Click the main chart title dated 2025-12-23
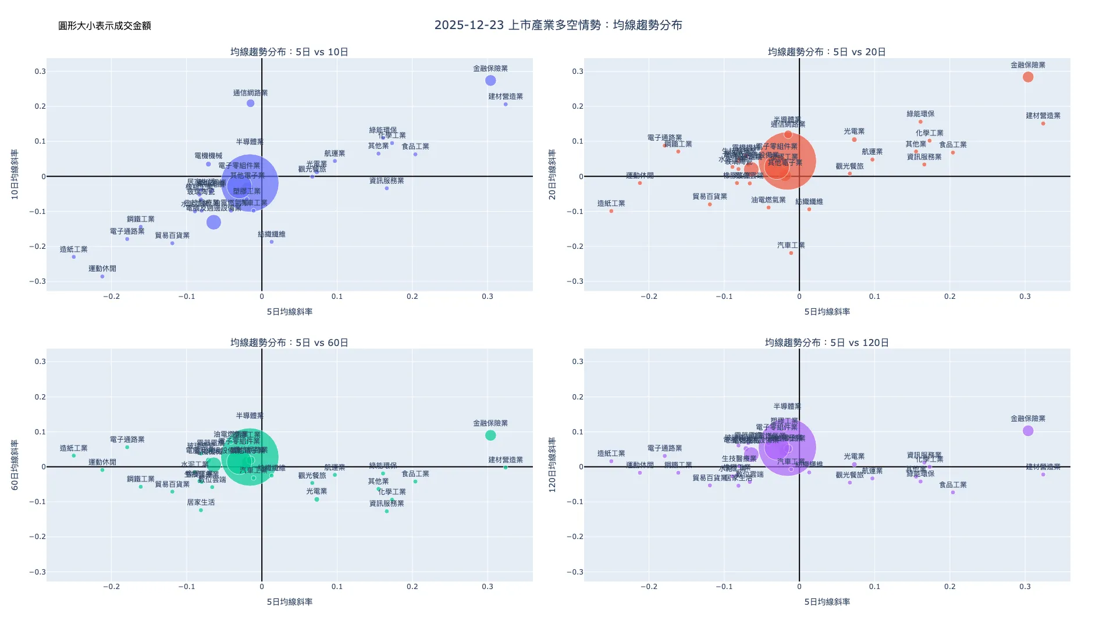click(x=558, y=25)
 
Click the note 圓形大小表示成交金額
click(x=105, y=26)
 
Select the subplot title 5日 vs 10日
click(x=289, y=52)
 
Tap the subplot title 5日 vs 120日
click(x=827, y=342)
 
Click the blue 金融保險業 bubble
click(x=490, y=81)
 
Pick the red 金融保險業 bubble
click(x=1028, y=77)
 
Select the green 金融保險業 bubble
click(x=490, y=436)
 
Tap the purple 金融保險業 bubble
click(x=1028, y=431)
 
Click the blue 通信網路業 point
click(x=250, y=104)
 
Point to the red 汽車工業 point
click(x=791, y=253)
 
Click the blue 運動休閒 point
click(x=102, y=277)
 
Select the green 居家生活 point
click(x=201, y=511)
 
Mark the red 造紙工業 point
click(x=611, y=211)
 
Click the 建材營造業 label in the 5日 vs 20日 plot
click(x=1043, y=116)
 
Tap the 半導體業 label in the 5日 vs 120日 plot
click(x=787, y=406)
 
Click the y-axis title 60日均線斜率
click(x=15, y=465)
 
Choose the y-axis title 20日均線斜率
click(x=553, y=174)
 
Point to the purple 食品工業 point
click(x=953, y=493)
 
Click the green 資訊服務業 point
click(x=387, y=511)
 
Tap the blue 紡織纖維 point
click(x=272, y=242)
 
